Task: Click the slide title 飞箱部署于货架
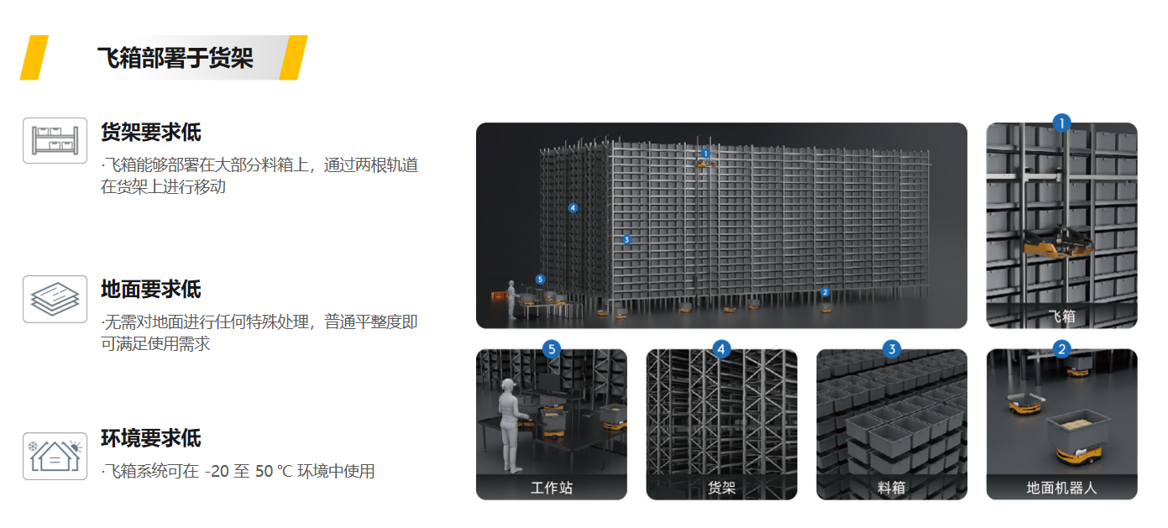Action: click(x=175, y=57)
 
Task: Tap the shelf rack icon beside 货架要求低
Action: click(x=55, y=141)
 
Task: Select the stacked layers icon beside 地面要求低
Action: click(x=55, y=299)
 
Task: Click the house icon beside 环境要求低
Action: click(x=55, y=456)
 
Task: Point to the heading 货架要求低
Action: click(x=150, y=132)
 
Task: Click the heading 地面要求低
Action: click(x=150, y=290)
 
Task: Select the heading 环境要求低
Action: click(x=150, y=438)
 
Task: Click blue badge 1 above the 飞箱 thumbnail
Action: click(x=1061, y=123)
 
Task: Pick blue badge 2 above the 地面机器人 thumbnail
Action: click(x=1061, y=348)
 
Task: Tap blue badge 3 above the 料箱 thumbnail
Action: click(x=892, y=348)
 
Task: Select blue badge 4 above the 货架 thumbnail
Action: click(x=721, y=348)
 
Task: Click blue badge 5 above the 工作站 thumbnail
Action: click(x=552, y=348)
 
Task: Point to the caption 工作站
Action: click(x=552, y=488)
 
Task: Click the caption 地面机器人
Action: click(x=1061, y=488)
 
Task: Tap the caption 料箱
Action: click(x=892, y=488)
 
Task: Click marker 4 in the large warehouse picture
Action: click(x=573, y=208)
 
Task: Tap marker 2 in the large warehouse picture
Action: click(x=825, y=292)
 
